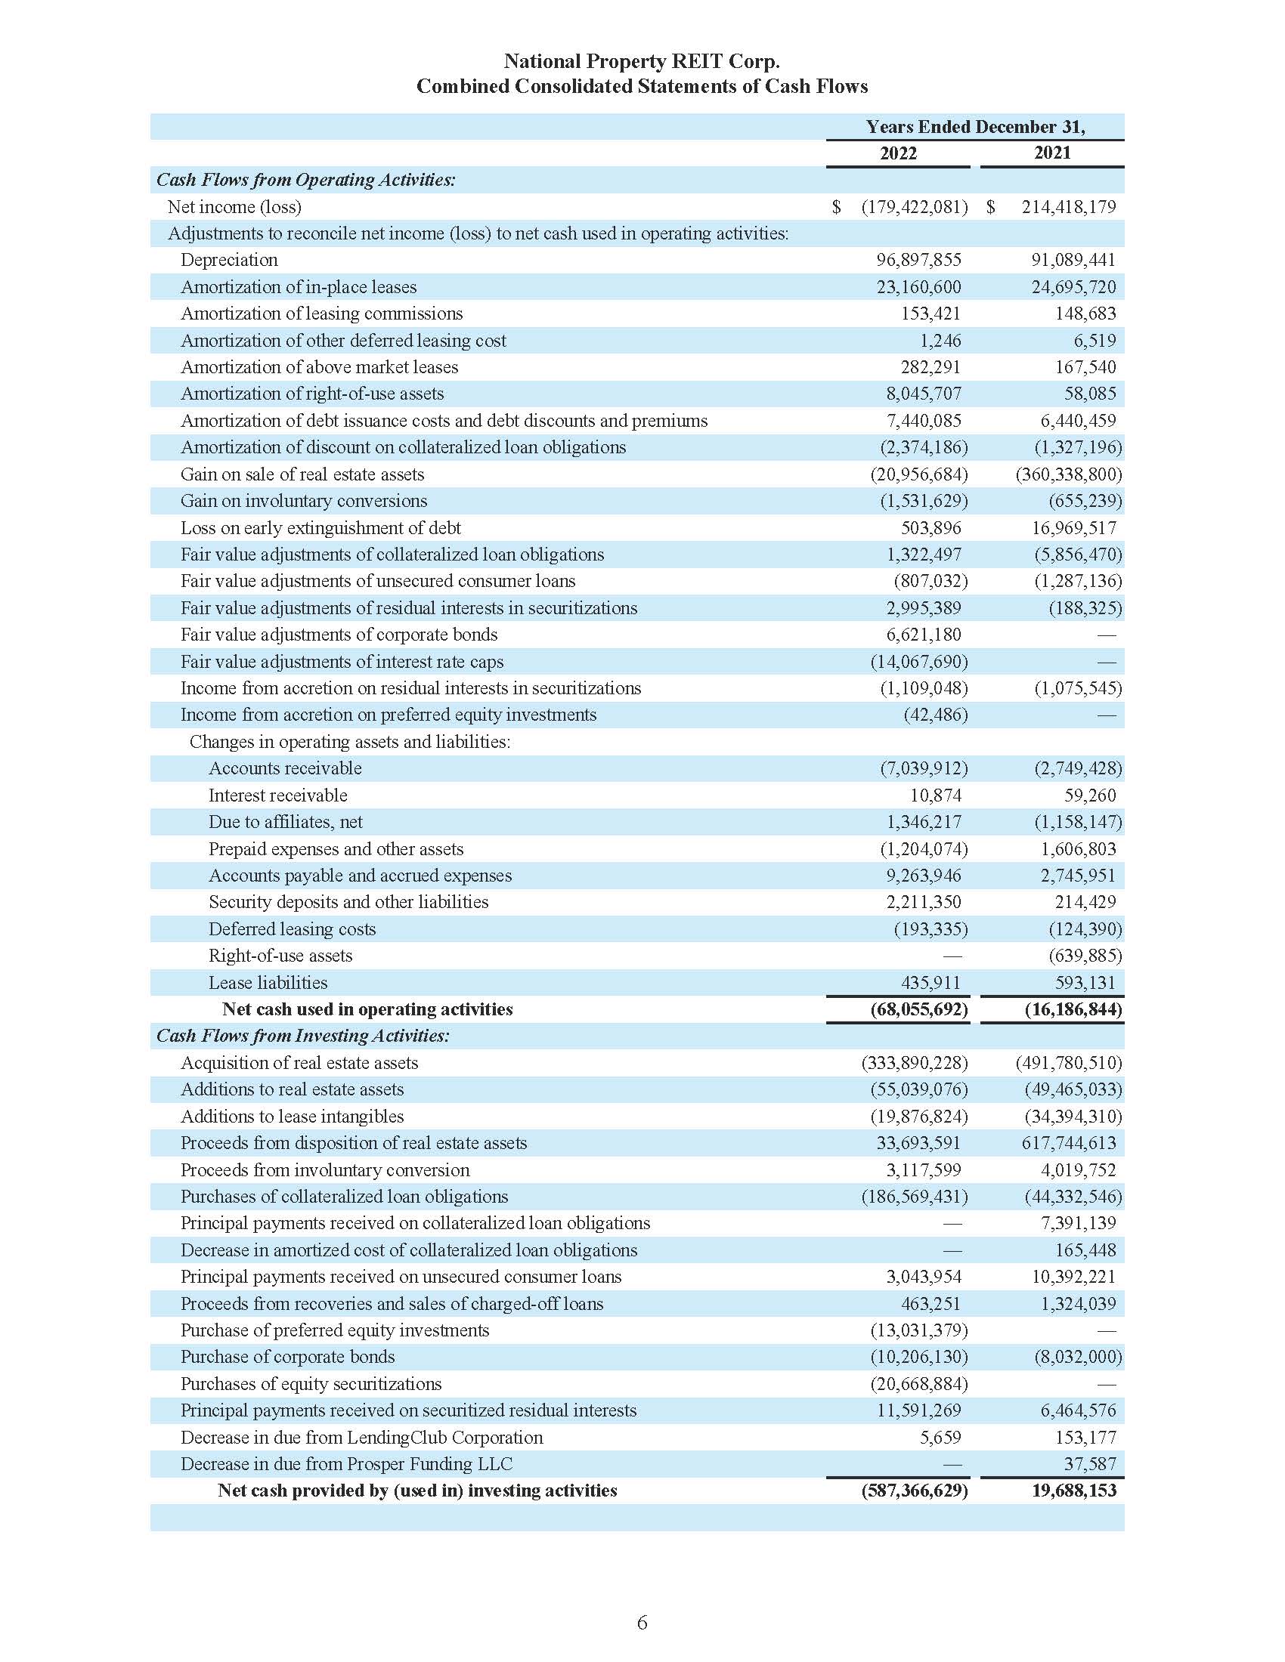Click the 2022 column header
tap(897, 153)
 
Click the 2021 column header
tap(1052, 153)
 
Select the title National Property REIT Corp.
tap(642, 61)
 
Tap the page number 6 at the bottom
tap(642, 1623)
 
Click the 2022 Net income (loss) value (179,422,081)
tap(914, 207)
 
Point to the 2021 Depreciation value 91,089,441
tap(1073, 261)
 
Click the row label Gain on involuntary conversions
tap(304, 501)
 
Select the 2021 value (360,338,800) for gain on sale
tap(1068, 474)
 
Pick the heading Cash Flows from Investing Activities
tap(303, 1036)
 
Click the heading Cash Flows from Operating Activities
tap(306, 181)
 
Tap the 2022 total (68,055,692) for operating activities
tap(919, 1009)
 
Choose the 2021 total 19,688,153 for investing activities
tap(1073, 1490)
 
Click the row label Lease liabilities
tap(268, 982)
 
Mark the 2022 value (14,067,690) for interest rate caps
tap(919, 661)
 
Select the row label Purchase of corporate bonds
tap(288, 1357)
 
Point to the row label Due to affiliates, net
tap(286, 822)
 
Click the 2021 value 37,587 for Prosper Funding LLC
tap(1089, 1463)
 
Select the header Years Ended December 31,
tap(975, 127)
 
